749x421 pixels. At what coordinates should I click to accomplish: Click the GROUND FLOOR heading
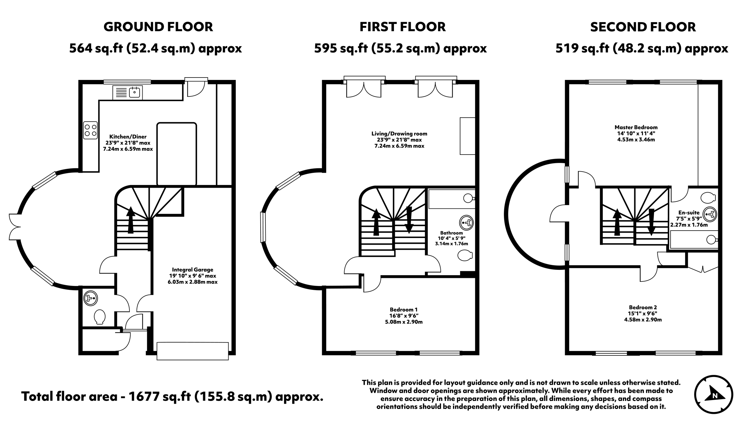click(x=158, y=27)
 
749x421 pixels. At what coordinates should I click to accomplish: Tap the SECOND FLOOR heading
click(x=643, y=27)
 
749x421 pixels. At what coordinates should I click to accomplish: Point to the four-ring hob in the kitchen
click(x=90, y=130)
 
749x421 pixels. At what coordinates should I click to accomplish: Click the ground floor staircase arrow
click(x=130, y=220)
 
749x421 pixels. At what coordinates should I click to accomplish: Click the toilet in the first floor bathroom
click(x=465, y=255)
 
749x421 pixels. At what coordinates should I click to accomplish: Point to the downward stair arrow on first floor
click(x=409, y=220)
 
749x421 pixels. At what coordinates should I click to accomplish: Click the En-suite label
click(x=689, y=213)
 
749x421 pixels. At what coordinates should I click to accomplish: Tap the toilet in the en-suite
click(x=708, y=198)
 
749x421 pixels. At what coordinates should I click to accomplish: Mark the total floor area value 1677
click(x=142, y=397)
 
